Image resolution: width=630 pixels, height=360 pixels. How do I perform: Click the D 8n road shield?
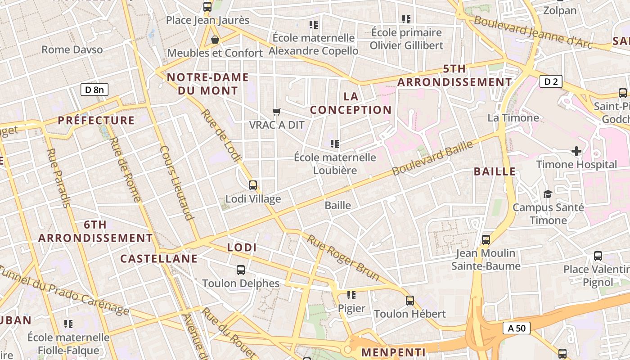point(94,90)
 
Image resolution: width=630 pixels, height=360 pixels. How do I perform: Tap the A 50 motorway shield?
point(517,328)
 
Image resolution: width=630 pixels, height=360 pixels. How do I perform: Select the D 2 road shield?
point(551,81)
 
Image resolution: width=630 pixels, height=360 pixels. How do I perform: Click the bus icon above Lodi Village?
point(253,185)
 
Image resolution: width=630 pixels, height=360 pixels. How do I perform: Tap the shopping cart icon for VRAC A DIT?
point(277,111)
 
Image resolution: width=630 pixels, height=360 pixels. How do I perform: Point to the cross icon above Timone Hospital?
point(576,151)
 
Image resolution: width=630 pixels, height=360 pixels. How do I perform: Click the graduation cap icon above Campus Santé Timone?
point(548,194)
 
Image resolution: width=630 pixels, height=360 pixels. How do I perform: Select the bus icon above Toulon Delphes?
point(241,270)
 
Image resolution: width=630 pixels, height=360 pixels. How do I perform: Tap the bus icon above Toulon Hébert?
point(409,300)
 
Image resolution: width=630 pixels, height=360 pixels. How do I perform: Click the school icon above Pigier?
point(351,295)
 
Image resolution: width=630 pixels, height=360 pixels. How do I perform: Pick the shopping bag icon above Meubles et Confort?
point(215,40)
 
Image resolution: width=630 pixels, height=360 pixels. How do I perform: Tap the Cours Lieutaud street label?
point(176,183)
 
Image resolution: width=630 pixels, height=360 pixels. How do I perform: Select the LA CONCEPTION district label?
point(351,103)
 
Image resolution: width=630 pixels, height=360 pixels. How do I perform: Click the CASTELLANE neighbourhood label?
point(159,258)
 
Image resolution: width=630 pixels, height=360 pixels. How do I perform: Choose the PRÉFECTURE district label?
point(96,120)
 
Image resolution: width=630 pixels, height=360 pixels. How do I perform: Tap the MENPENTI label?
point(393,352)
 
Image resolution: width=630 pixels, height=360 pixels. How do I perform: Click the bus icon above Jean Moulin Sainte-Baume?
point(486,239)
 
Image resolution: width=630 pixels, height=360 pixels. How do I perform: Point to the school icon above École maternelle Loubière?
point(335,144)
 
